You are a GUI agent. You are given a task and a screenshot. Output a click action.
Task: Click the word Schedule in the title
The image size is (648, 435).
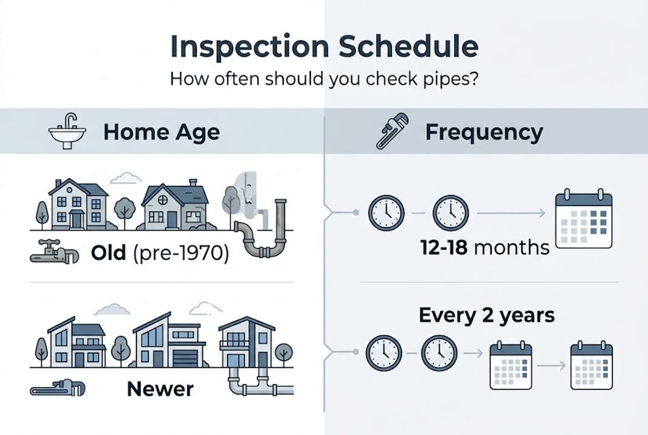click(409, 46)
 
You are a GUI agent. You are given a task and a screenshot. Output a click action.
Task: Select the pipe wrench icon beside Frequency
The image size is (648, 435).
click(392, 131)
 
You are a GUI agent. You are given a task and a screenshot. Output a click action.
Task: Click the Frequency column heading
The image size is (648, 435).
click(484, 132)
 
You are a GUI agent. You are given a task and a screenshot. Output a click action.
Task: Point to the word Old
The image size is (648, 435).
click(109, 252)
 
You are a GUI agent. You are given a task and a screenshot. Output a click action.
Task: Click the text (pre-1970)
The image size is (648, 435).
click(181, 253)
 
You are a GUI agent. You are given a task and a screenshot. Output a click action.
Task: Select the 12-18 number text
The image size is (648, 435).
click(444, 248)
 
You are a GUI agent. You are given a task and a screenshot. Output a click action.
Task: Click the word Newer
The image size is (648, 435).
click(160, 388)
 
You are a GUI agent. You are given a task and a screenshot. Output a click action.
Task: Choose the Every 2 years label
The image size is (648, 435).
click(486, 315)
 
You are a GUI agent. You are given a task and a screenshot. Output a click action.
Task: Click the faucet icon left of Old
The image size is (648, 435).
click(54, 251)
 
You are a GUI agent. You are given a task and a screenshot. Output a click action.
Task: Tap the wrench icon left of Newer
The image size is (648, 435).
click(57, 388)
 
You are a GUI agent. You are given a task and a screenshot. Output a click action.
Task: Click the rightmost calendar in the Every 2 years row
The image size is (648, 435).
click(591, 366)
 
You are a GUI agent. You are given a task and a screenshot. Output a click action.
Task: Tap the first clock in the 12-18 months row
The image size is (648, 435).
click(387, 213)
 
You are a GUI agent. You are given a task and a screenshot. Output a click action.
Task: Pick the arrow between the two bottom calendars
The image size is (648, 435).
click(551, 366)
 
